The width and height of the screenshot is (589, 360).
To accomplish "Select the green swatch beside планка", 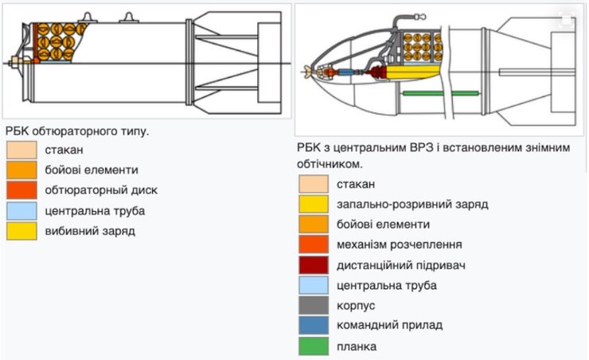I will (x=313, y=346).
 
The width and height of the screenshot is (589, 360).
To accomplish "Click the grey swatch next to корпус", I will (x=313, y=305).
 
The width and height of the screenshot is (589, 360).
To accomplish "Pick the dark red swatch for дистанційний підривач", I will (x=313, y=264).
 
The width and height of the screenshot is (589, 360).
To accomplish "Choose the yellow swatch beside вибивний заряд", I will (x=21, y=231).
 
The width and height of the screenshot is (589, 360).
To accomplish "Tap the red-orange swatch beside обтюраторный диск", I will (x=21, y=190).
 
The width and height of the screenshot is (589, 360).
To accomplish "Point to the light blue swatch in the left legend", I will (x=21, y=211).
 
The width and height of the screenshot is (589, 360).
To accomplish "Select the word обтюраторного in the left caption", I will (x=74, y=130).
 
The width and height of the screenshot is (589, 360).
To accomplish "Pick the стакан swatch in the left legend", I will (x=21, y=149).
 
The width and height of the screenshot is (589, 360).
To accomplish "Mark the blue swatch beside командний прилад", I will (x=313, y=326).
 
